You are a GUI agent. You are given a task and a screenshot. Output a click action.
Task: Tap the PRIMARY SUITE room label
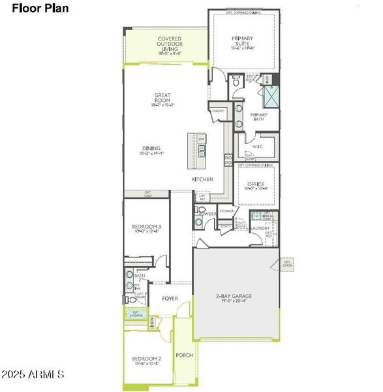244,42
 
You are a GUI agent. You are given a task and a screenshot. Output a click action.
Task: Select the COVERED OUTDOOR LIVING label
169,43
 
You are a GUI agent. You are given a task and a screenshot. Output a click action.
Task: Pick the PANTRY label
219,111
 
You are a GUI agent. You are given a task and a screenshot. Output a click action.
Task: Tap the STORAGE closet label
226,211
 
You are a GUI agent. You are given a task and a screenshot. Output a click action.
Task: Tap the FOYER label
170,299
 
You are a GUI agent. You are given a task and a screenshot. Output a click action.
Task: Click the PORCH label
184,355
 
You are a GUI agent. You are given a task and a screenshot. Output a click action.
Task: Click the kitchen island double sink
202,152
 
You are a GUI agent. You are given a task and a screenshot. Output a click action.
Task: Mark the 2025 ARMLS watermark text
33,375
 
